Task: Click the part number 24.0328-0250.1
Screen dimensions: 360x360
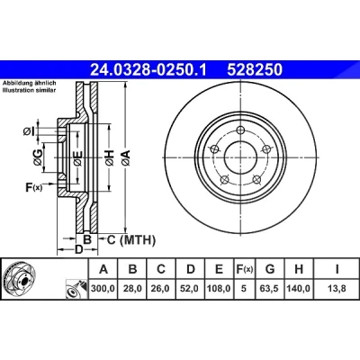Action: [148, 70]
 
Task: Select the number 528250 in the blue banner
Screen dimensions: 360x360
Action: [255, 70]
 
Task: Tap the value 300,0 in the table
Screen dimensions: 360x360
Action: [103, 289]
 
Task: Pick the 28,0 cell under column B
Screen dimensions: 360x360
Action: [132, 289]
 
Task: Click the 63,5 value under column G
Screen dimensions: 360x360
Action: [270, 289]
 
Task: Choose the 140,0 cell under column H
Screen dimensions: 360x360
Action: [299, 289]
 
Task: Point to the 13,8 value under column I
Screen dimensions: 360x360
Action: [337, 289]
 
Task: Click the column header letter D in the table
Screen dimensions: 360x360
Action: [191, 269]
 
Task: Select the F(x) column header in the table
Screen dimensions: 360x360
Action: [244, 269]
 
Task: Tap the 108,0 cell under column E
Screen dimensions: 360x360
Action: [219, 289]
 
